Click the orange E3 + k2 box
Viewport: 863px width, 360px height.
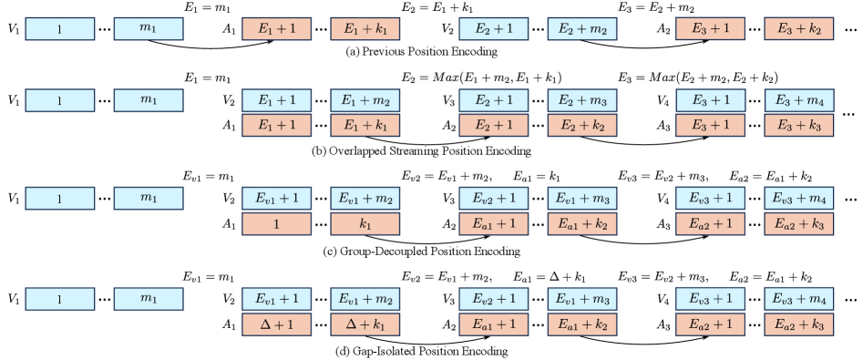798,29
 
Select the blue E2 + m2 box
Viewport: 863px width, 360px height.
581,29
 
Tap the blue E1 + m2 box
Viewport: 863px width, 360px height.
365,100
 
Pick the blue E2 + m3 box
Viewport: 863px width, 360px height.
581,100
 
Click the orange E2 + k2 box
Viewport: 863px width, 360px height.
581,125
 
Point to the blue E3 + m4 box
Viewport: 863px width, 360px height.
798,100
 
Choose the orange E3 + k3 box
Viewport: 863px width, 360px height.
798,125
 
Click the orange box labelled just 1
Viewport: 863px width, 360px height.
276,223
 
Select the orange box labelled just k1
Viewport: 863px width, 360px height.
365,223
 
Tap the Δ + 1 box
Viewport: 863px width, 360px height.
276,324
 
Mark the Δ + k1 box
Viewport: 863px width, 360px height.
365,324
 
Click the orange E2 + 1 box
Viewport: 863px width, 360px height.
493,125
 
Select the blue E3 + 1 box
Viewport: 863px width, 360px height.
710,100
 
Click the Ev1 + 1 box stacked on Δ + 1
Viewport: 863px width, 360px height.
276,299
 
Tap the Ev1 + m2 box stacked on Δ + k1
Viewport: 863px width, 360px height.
365,299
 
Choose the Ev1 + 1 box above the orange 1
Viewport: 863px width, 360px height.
276,199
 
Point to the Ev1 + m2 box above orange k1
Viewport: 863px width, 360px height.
365,199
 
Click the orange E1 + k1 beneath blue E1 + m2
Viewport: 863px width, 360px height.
365,125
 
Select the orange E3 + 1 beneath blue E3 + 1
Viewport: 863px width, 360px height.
710,125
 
